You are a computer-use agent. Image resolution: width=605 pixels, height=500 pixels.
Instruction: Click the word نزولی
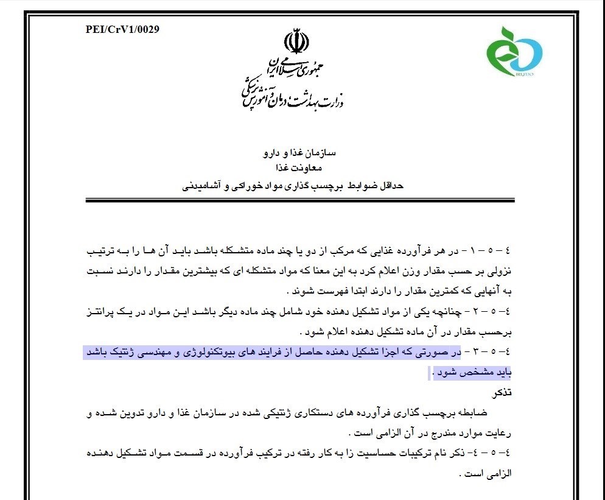(x=498, y=270)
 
